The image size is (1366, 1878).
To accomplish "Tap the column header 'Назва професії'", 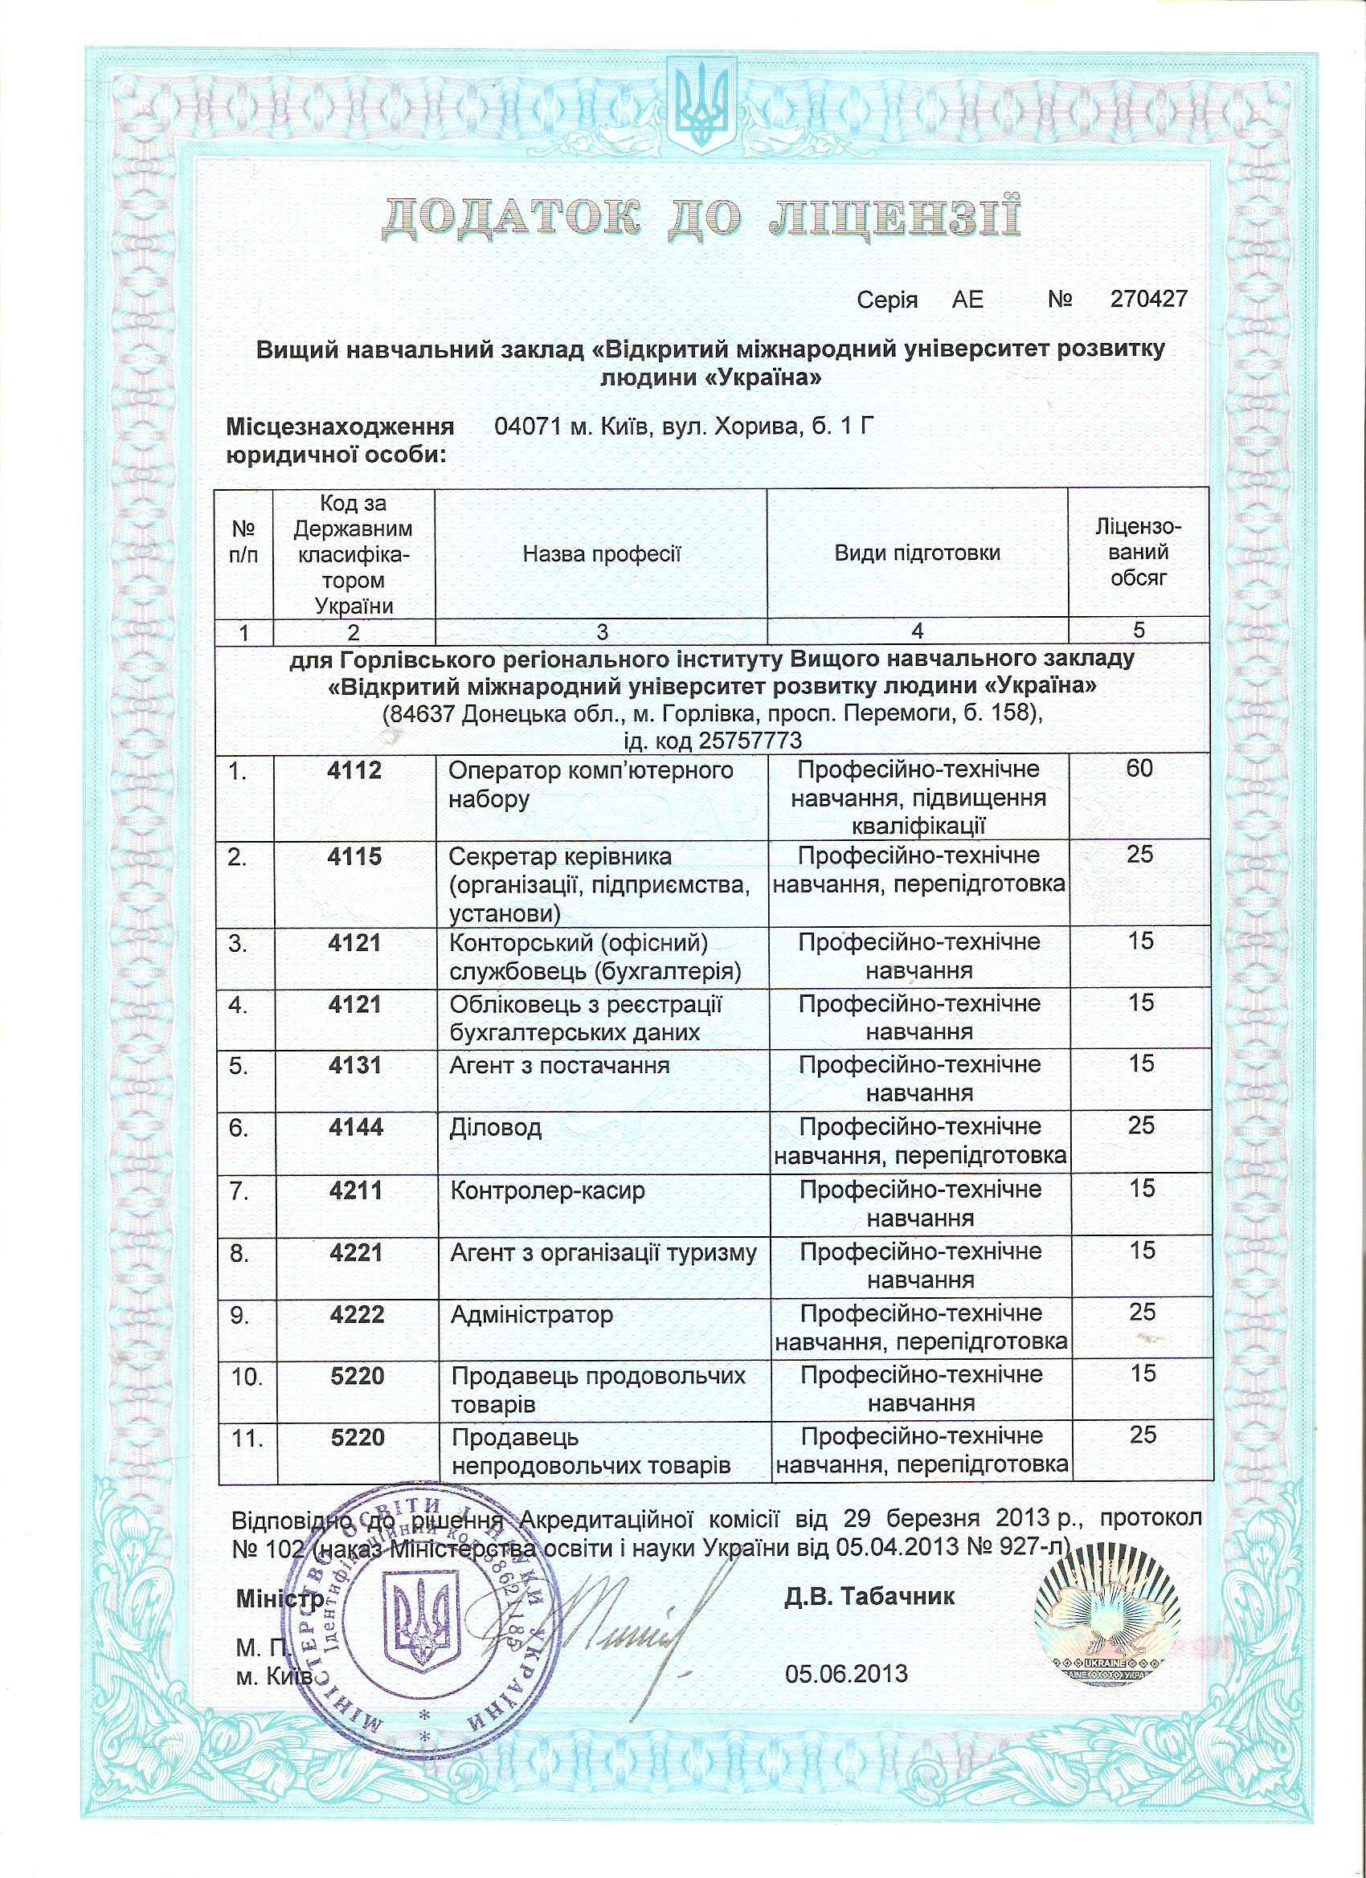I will (x=600, y=553).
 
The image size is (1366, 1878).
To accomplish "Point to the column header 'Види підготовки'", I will (x=917, y=553).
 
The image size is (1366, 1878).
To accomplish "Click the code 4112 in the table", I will (x=354, y=770).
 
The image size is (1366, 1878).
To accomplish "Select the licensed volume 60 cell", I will (x=1139, y=770).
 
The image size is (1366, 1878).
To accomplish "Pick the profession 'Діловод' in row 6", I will (x=495, y=1128).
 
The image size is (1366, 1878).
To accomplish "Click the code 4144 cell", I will (x=355, y=1128).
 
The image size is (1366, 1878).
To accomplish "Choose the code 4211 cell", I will (x=355, y=1190).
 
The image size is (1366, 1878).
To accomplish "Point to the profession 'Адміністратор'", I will (x=531, y=1314).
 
